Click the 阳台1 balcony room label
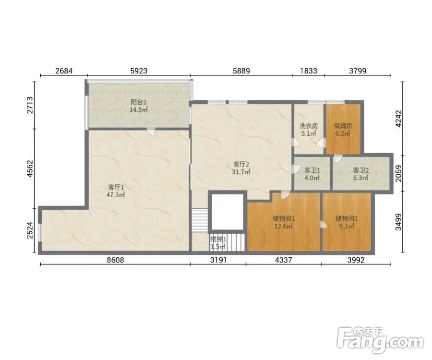139,106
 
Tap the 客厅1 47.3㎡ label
116,191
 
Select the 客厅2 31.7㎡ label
241,168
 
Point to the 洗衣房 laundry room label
309,130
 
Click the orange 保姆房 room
343,129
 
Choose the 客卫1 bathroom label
312,174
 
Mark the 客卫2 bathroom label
360,174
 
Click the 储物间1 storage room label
284,223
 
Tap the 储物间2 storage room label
346,223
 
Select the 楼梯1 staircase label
218,243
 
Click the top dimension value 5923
139,71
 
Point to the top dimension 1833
309,71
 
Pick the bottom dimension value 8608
115,260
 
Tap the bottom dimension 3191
218,260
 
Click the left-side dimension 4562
30,168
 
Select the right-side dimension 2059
398,174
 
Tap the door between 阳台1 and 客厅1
151,131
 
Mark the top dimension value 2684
64,71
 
